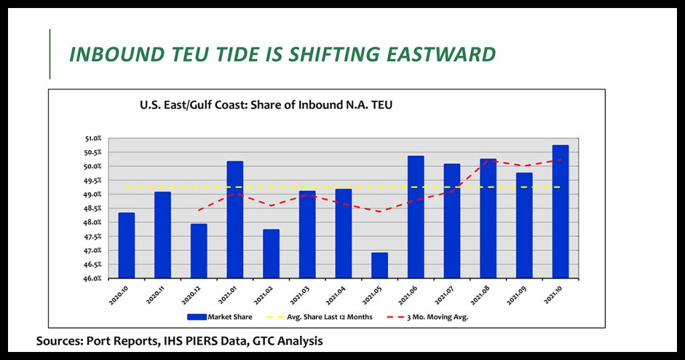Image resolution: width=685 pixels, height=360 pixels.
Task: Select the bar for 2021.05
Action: click(379, 266)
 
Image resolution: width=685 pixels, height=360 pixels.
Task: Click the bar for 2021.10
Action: click(560, 211)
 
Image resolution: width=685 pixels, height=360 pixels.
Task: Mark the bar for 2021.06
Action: click(415, 217)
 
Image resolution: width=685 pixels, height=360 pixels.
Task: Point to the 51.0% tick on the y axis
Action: click(93, 139)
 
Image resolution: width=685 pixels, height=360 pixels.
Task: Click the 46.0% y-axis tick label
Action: click(93, 278)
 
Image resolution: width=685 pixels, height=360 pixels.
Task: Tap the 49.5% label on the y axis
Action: click(93, 181)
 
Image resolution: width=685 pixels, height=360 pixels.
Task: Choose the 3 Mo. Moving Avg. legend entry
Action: click(435, 317)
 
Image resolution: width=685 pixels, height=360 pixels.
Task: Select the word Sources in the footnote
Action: click(59, 341)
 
